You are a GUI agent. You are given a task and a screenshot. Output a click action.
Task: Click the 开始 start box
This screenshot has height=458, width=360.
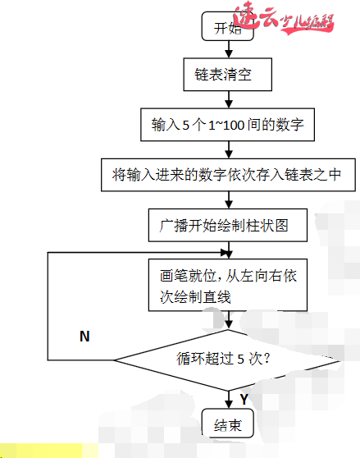pos(227,28)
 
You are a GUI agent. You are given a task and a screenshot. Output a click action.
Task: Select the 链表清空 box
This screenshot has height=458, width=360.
pos(227,76)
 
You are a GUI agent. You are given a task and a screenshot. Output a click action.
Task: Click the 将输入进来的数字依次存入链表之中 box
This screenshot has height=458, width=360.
pos(227,174)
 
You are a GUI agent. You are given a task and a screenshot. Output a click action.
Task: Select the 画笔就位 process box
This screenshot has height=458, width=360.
pos(227,286)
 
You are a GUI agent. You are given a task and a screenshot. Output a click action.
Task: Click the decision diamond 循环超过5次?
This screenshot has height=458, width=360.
pos(227,359)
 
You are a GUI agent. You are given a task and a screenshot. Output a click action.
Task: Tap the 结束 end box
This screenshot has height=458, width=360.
pos(227,425)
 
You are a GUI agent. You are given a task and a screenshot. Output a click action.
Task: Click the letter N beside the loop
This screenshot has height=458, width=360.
pos(84,337)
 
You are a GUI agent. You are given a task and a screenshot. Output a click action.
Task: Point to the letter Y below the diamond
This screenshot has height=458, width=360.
pos(244,398)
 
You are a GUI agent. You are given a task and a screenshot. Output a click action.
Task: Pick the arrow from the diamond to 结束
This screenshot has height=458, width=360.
pos(227,399)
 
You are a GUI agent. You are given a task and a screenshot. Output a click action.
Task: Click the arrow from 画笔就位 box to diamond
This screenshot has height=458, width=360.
pos(227,320)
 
